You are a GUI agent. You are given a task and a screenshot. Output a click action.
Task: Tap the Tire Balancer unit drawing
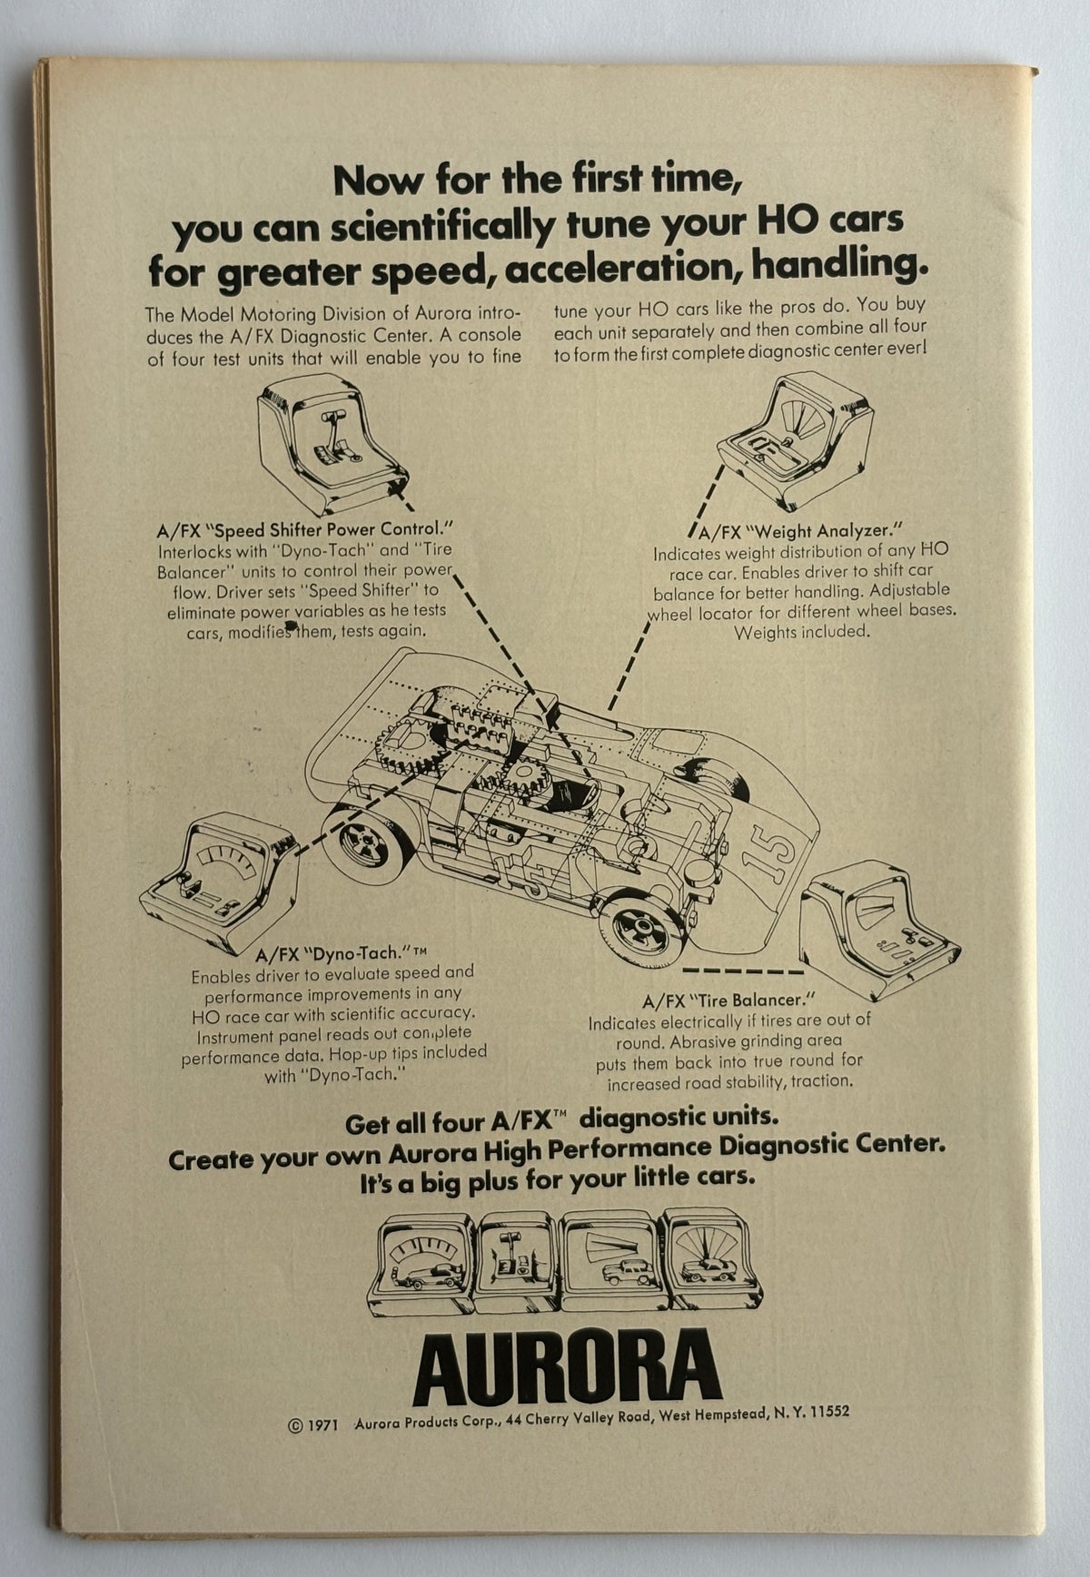coord(879,928)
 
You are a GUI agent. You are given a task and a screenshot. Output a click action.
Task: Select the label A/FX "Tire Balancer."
coord(723,1000)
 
